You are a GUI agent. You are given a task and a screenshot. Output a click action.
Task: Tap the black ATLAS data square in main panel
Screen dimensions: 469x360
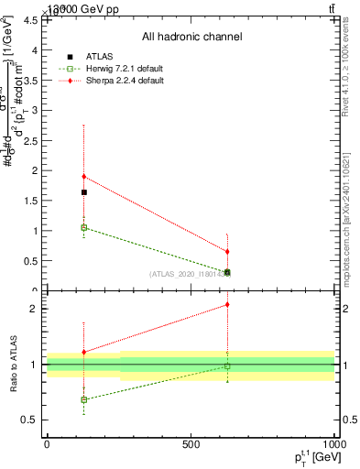(84, 192)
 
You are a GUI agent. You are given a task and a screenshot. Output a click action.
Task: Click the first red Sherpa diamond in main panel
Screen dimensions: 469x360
(84, 177)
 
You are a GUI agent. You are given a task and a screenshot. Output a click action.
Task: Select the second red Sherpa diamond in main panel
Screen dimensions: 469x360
(227, 251)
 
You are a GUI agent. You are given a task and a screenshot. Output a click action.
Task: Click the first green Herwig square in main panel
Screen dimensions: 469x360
(84, 227)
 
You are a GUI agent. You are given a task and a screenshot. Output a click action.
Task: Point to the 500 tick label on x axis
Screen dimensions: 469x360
(191, 445)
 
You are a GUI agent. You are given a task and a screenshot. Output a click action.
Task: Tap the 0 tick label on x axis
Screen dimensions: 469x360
(47, 445)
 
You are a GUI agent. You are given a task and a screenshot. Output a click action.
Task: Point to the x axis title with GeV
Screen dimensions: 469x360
(311, 457)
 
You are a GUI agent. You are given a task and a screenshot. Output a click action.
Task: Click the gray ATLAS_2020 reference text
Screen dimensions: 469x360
(189, 273)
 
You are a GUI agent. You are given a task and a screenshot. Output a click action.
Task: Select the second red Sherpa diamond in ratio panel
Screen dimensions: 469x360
(227, 305)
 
